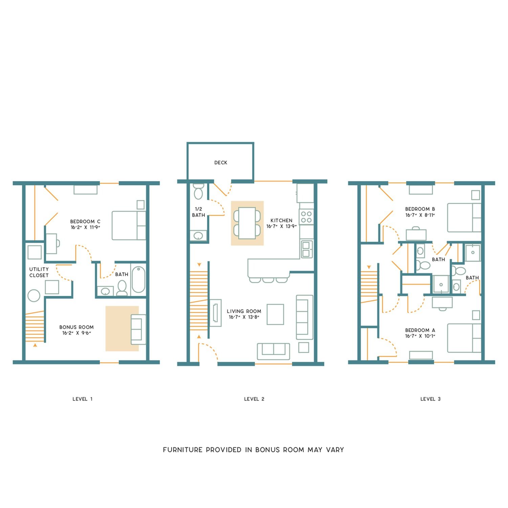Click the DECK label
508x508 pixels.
click(221, 163)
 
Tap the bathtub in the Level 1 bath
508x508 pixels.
click(138, 280)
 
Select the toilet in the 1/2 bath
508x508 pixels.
click(198, 191)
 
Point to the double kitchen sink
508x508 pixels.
click(307, 249)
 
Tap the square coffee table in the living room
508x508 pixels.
click(275, 314)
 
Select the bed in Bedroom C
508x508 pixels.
click(129, 226)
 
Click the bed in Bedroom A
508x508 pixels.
click(464, 338)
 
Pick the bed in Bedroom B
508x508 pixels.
click(464, 217)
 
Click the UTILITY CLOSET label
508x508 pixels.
click(39, 272)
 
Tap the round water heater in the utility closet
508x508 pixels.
click(34, 295)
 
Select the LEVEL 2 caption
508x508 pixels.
click(254, 399)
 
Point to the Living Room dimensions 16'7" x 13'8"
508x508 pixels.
click(244, 317)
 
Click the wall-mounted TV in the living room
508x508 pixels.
click(215, 313)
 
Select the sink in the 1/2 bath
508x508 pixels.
click(198, 236)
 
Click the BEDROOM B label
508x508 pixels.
click(420, 209)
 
